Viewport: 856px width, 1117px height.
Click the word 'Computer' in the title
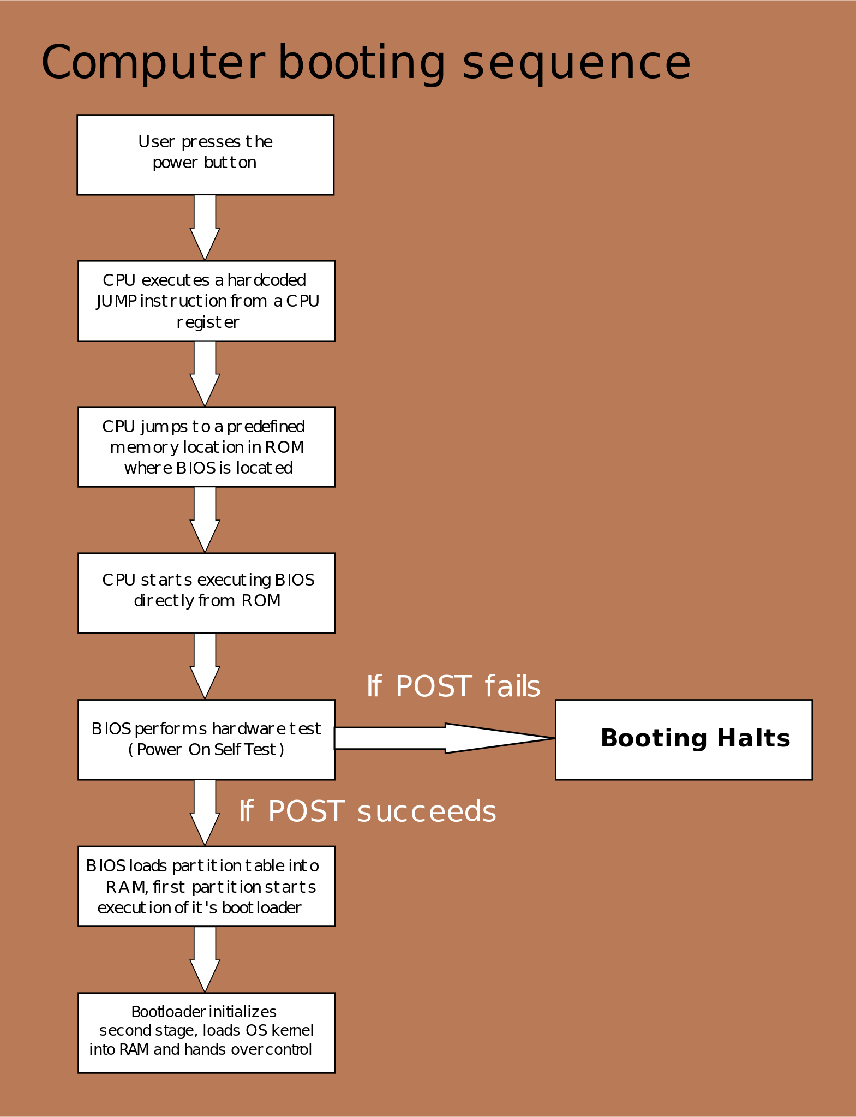tap(153, 63)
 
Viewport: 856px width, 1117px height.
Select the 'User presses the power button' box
tap(205, 154)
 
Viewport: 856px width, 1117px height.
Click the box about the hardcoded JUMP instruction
tap(206, 301)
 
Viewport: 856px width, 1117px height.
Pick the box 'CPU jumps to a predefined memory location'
tap(206, 446)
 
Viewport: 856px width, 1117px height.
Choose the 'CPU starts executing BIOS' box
tap(206, 593)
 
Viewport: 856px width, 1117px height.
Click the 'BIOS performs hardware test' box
tap(206, 739)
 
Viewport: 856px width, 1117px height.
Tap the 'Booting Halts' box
tap(684, 739)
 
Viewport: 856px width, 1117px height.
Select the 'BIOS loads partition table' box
tap(206, 886)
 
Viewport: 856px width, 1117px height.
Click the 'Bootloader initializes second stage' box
tap(206, 1032)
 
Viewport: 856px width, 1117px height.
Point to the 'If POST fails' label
tap(453, 686)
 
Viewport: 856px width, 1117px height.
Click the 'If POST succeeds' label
tap(367, 811)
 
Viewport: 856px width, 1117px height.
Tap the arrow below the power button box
tap(205, 226)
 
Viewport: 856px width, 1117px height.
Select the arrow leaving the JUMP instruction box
tap(205, 373)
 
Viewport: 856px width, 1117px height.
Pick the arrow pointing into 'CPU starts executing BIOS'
tap(205, 519)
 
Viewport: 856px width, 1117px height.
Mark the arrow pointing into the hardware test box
tap(205, 665)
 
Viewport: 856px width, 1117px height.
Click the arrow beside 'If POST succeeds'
tap(205, 812)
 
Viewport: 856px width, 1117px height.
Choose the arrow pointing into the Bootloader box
tap(205, 958)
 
